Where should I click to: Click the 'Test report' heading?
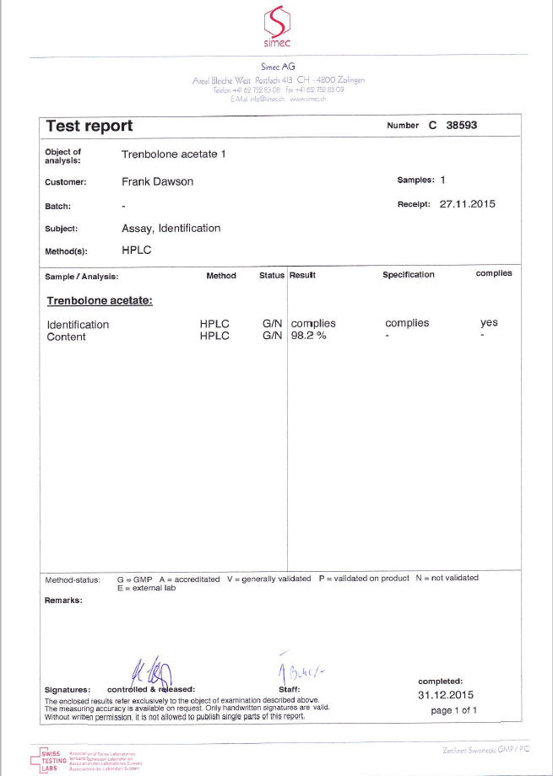(89, 126)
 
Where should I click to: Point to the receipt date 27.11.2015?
(468, 204)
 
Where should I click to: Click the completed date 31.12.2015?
(446, 695)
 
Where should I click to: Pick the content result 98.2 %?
(308, 337)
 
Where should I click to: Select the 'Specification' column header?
(408, 275)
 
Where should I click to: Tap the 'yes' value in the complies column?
(489, 323)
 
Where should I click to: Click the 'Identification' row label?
(78, 325)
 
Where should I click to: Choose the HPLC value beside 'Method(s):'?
(136, 251)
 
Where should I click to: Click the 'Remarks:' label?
(63, 601)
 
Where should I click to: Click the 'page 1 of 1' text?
(453, 710)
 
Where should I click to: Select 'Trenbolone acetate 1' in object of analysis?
(174, 154)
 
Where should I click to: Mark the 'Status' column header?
(272, 275)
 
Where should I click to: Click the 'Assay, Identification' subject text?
(171, 228)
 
